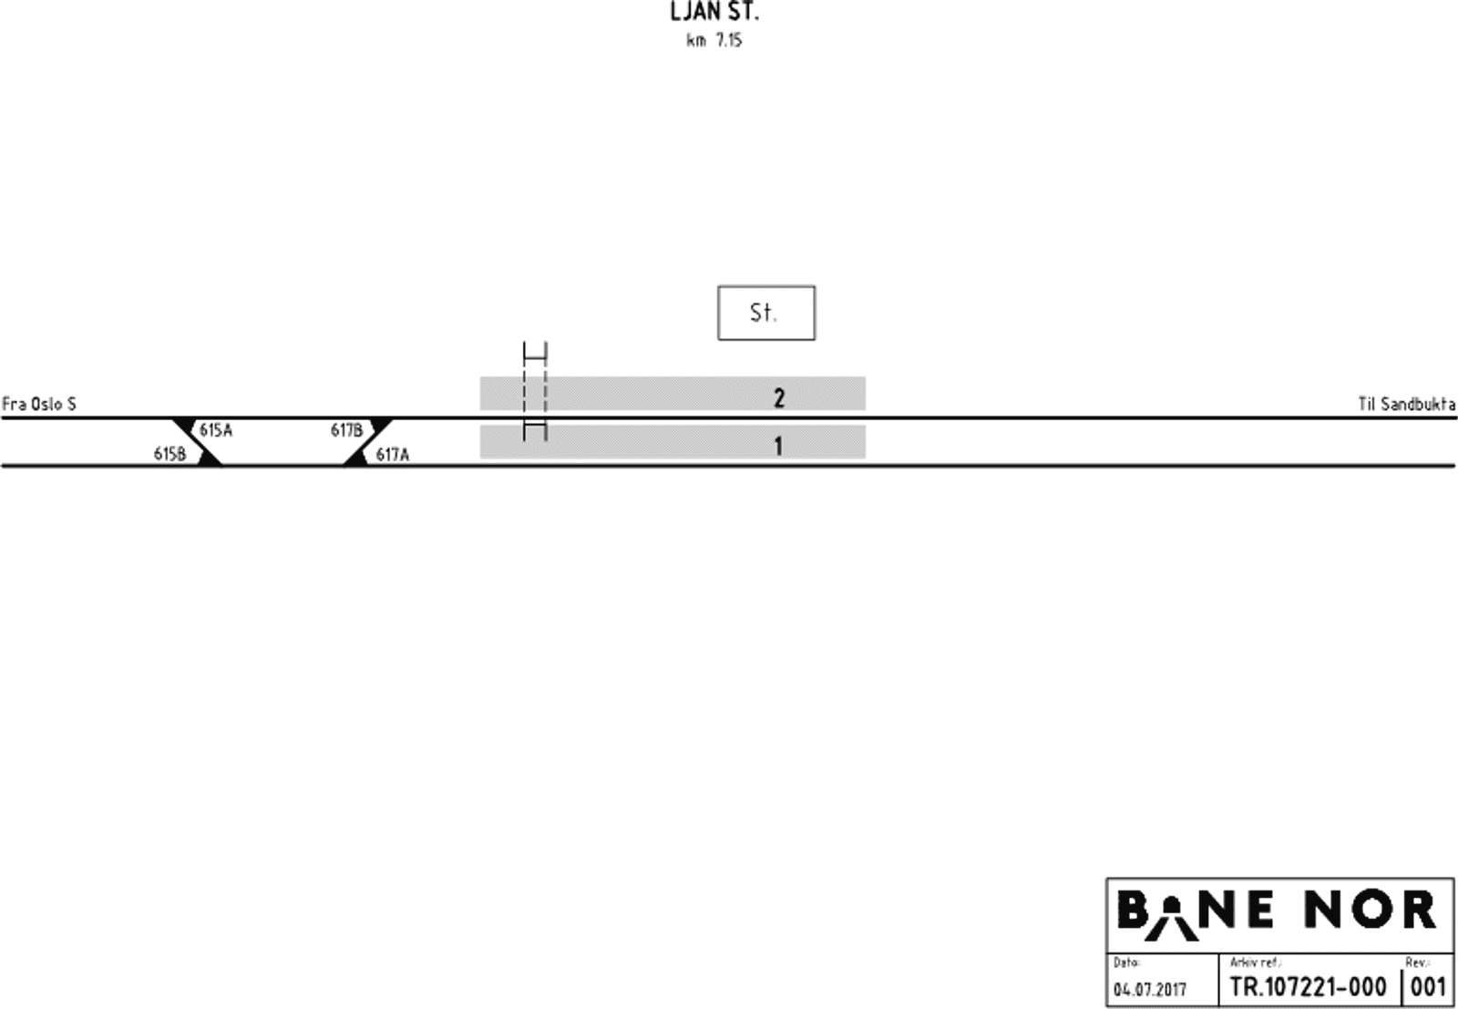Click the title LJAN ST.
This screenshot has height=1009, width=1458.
point(714,13)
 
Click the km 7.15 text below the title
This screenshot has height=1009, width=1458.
point(714,41)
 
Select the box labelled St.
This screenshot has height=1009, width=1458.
point(765,313)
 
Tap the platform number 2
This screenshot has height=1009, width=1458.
point(778,398)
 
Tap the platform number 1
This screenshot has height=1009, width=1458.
point(778,446)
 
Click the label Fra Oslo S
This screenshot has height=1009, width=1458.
point(39,404)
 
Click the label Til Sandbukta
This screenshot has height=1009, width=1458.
point(1406,404)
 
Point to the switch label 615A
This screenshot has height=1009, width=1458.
point(216,430)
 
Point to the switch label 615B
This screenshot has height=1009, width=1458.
point(169,454)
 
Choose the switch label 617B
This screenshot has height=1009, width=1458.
point(346,430)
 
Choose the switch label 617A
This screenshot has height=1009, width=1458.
point(393,454)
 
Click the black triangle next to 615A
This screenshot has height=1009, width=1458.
point(186,425)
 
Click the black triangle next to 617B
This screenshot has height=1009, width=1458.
point(380,425)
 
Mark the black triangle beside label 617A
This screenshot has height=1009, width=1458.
point(356,458)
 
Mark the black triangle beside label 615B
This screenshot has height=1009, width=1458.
point(210,458)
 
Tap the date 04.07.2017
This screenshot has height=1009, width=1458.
point(1150,989)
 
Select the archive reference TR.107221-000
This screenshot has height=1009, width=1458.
point(1308,986)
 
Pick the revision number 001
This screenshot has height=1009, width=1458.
point(1428,986)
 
